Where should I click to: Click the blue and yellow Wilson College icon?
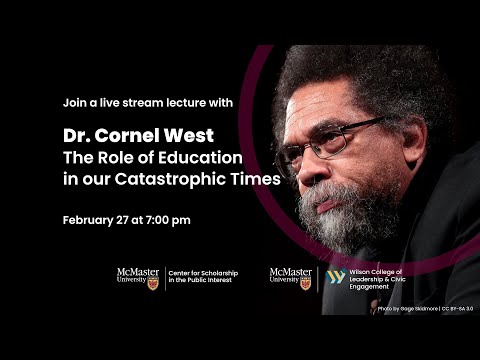pyautogui.click(x=336, y=277)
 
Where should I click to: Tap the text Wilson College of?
pyautogui.click(x=379, y=271)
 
